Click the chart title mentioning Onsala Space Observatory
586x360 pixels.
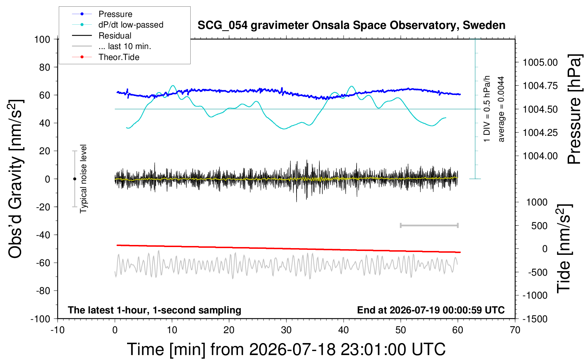tap(351, 25)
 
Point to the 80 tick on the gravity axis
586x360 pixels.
tap(44, 67)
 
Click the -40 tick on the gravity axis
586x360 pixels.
tap(43, 235)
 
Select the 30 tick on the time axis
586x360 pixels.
tap(286, 330)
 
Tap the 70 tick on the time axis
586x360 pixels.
tap(515, 330)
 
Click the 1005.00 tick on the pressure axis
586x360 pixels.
tap(540, 62)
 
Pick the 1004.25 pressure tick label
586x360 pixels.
tap(540, 133)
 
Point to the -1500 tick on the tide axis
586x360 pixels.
tap(535, 319)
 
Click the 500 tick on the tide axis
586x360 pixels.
tap(539, 226)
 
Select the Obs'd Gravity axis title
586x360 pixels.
tap(16, 179)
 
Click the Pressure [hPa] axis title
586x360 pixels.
tap(575, 109)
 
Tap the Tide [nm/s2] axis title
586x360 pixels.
tap(564, 249)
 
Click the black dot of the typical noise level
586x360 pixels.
tap(74, 179)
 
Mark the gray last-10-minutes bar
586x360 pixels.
tap(429, 225)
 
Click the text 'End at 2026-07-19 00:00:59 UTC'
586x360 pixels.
tap(431, 310)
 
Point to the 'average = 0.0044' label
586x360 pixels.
tap(501, 109)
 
